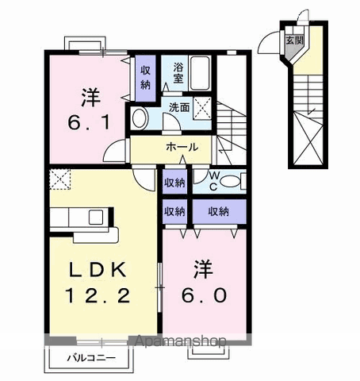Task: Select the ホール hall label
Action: (x=182, y=148)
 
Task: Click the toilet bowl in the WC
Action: (x=228, y=181)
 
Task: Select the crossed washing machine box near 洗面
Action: (x=203, y=108)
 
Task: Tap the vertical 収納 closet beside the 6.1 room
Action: (x=146, y=77)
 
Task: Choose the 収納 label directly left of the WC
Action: (x=174, y=183)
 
